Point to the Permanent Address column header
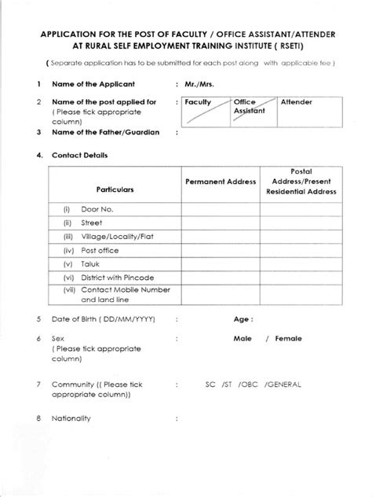(x=221, y=182)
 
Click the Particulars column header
(x=115, y=190)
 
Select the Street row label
(x=93, y=224)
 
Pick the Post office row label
(x=101, y=250)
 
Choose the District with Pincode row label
(x=117, y=278)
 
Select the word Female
(x=289, y=339)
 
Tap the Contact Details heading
(x=79, y=155)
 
